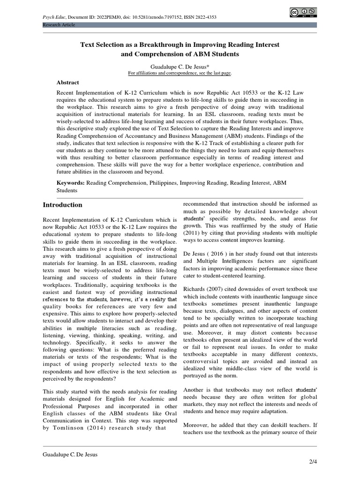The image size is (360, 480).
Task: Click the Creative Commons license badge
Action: [303, 13]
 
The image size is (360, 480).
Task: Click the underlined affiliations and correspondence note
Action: [180, 73]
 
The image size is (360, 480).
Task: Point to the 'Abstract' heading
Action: [67, 82]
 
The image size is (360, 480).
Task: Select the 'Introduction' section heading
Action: [62, 205]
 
